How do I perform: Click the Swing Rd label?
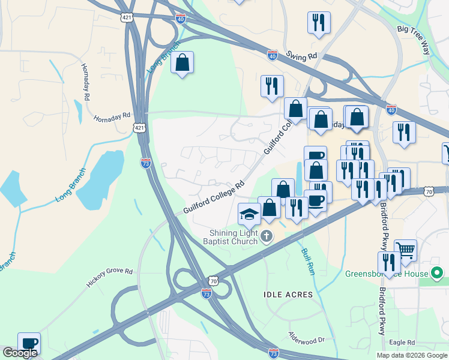(x=301, y=56)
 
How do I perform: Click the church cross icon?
(x=267, y=238)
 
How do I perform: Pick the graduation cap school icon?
(x=249, y=214)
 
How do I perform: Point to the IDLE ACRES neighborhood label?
(x=288, y=295)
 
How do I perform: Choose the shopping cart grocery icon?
(x=406, y=249)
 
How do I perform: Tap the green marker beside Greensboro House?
(x=438, y=274)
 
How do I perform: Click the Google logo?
(x=20, y=353)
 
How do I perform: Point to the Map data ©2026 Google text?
(x=412, y=355)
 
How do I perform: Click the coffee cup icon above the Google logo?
(x=29, y=343)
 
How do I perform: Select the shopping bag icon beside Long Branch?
(x=182, y=62)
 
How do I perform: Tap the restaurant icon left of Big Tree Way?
(x=318, y=22)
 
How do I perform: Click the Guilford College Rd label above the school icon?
(x=214, y=197)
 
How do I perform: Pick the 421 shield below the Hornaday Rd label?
(x=139, y=128)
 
